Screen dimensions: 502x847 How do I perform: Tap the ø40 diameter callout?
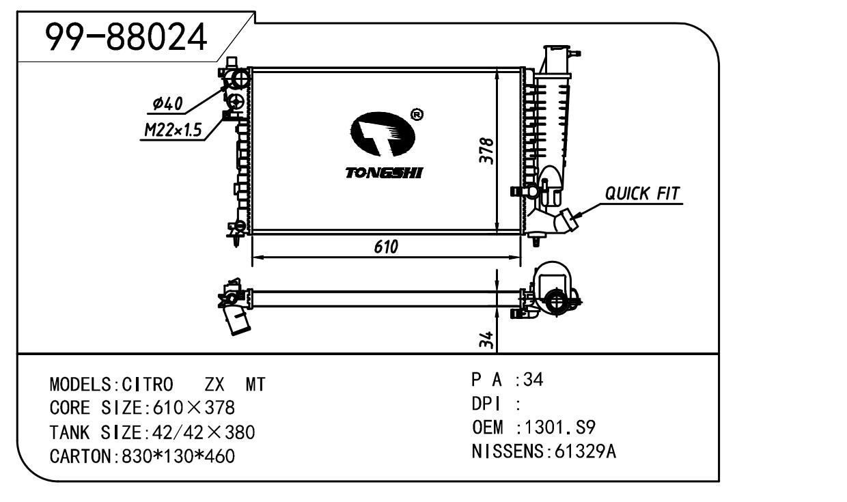tap(167, 104)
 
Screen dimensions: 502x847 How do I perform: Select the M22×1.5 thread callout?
tap(171, 130)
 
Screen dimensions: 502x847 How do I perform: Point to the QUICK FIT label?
tap(643, 194)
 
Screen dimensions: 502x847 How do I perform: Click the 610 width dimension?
tap(386, 247)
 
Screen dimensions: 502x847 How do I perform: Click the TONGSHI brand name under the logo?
tap(383, 173)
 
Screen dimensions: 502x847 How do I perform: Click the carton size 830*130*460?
tap(177, 456)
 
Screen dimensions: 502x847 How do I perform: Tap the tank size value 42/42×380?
tap(202, 432)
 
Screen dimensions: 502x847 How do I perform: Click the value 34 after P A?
tap(533, 380)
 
